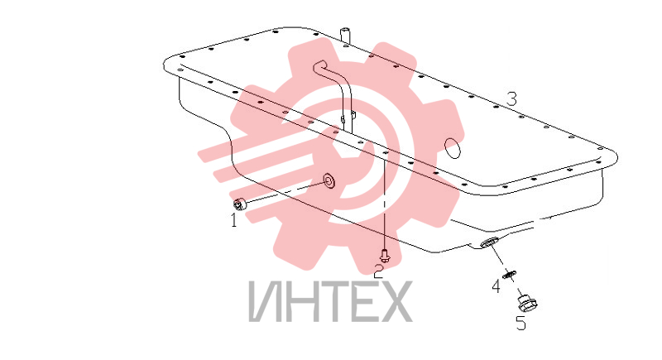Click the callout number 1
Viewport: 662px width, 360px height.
pos(233,220)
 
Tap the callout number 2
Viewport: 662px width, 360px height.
pos(379,271)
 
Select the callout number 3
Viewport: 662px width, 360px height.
pos(511,99)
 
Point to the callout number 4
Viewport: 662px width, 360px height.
pos(496,286)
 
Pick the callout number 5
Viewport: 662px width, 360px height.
pos(521,324)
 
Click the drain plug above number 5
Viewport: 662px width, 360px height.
pos(527,303)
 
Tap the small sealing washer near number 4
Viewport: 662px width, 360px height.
pos(510,274)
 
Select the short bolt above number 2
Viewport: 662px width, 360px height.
pos(384,255)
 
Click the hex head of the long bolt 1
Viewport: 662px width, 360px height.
pos(238,204)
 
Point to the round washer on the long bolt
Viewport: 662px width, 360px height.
pos(329,180)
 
